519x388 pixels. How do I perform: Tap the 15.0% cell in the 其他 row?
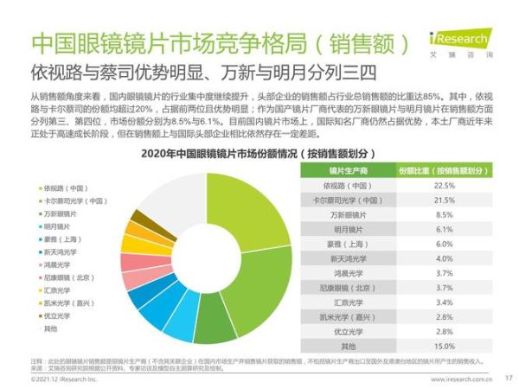[x=445, y=346]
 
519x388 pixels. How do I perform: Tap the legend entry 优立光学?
[x=56, y=316]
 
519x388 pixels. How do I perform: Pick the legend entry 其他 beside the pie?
[x=51, y=329]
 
